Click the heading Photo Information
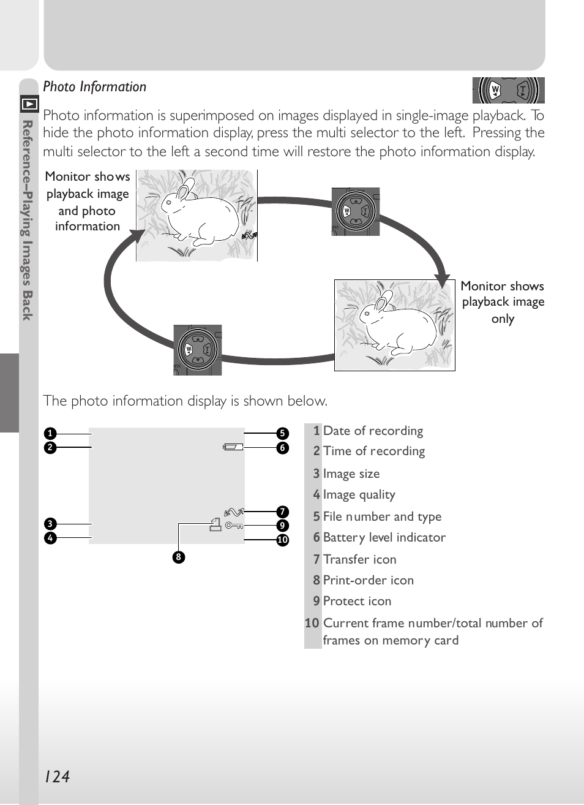tap(95, 87)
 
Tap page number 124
tap(57, 777)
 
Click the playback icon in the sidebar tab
tap(29, 104)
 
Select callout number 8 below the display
tap(178, 557)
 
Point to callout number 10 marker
tap(282, 540)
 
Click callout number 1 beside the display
tap(50, 433)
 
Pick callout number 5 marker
tap(282, 433)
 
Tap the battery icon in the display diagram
tap(233, 447)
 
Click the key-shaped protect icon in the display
tap(234, 526)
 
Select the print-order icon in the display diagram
tap(215, 524)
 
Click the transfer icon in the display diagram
tap(234, 511)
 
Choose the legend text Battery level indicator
tap(384, 537)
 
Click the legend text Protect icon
tap(357, 601)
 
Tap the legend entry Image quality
tap(359, 494)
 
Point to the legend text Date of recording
tap(373, 431)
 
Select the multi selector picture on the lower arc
tap(197, 350)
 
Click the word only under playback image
tap(503, 319)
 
